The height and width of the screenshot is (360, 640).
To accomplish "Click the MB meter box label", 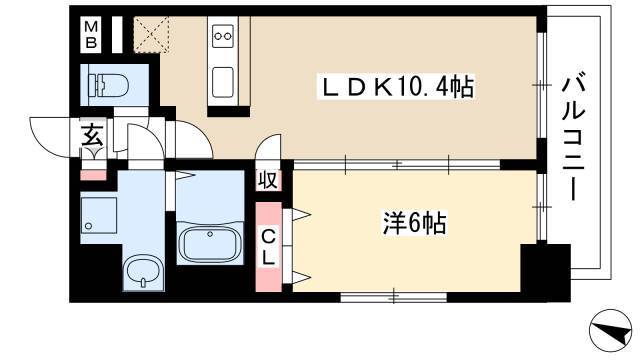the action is (91, 35).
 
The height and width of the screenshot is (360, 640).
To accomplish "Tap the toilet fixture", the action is (109, 85).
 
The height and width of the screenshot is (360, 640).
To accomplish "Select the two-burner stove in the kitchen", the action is (223, 36).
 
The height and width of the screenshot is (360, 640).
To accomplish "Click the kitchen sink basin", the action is (223, 82).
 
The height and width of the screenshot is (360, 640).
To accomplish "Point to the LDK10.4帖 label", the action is (398, 87).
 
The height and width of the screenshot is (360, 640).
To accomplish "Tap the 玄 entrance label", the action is (92, 135).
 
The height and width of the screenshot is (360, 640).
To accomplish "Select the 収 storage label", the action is (268, 180).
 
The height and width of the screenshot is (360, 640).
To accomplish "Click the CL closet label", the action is (268, 246).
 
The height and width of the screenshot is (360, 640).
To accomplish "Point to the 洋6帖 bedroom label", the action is (413, 223).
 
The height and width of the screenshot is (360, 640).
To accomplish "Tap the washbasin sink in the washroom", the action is (142, 272).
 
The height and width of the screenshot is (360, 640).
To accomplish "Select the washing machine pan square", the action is (99, 215).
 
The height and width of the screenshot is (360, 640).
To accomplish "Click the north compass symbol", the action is (610, 330).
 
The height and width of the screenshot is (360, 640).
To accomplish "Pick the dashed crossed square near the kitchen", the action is (151, 35).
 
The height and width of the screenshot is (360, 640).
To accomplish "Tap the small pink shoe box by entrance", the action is (93, 175).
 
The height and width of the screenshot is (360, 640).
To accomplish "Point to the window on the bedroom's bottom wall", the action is (393, 297).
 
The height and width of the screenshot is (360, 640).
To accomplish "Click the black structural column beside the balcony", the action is (546, 273).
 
